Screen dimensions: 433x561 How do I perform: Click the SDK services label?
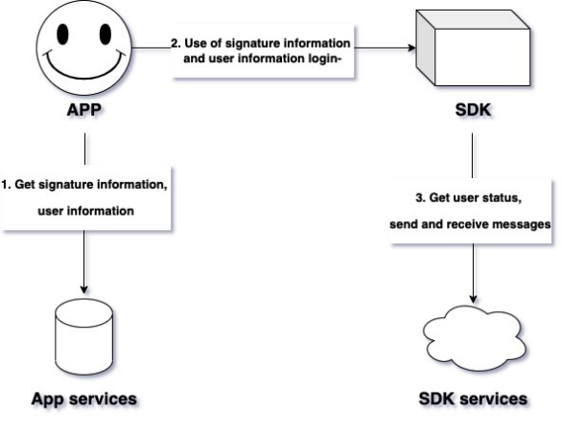tap(473, 397)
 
